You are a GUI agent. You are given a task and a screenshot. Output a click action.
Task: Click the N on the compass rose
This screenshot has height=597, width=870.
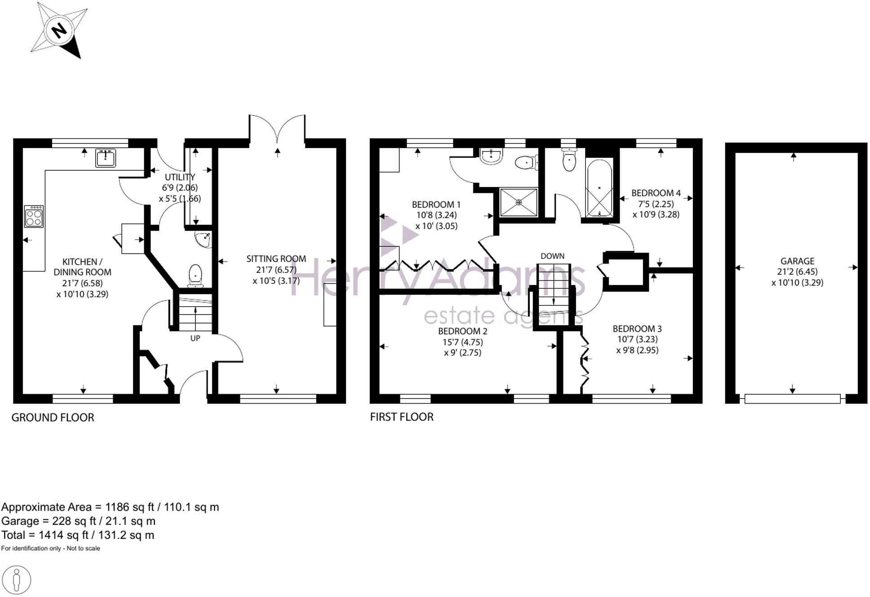click(59, 31)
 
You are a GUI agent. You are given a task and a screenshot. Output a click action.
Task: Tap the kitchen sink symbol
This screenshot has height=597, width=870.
click(106, 158)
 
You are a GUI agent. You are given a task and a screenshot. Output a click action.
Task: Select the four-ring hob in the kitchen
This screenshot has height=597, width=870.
click(34, 216)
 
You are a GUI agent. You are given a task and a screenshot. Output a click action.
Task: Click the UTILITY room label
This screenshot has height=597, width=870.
click(180, 177)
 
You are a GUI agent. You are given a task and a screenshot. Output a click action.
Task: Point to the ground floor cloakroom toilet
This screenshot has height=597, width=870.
click(195, 275)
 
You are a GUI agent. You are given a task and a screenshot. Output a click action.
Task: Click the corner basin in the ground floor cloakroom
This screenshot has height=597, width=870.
click(204, 240)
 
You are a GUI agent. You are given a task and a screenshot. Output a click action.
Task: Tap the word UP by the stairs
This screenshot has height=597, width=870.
click(195, 338)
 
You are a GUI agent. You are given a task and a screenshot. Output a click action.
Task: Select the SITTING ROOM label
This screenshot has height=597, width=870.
click(276, 258)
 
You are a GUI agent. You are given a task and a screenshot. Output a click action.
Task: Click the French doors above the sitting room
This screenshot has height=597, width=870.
click(277, 128)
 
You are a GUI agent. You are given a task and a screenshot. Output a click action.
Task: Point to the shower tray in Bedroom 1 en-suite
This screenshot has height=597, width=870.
click(519, 202)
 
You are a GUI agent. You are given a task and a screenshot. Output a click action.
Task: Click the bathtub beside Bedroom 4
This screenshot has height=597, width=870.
click(599, 188)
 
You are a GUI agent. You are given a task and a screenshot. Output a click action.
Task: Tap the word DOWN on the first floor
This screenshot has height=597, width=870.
click(552, 256)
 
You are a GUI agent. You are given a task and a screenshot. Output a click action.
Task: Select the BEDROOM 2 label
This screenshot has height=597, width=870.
click(462, 331)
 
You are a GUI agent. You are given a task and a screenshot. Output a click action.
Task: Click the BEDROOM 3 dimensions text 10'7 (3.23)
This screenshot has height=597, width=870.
click(637, 339)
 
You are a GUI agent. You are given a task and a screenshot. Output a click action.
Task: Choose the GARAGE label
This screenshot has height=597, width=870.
click(797, 261)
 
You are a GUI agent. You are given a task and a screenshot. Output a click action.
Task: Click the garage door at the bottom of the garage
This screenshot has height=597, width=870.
click(792, 398)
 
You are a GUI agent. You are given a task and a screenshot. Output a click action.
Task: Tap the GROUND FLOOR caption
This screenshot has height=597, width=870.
click(53, 417)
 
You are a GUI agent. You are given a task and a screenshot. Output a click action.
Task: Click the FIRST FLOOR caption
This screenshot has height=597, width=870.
click(402, 417)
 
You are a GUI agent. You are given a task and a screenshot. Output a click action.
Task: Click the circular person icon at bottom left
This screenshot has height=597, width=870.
click(17, 580)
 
